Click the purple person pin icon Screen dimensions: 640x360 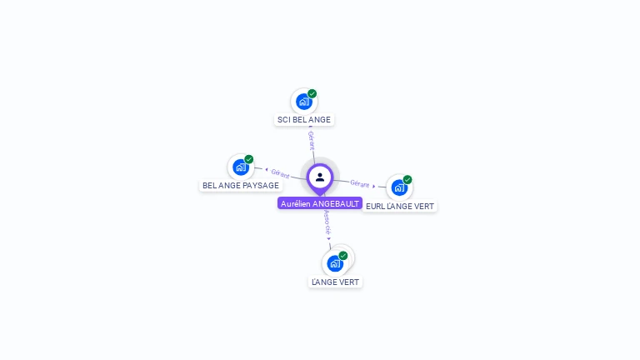(x=320, y=177)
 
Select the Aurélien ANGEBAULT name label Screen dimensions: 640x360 (x=320, y=203)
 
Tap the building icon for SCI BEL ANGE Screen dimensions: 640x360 (x=303, y=102)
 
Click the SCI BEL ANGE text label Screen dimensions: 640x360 (x=303, y=120)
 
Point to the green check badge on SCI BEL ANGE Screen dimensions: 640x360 (x=312, y=93)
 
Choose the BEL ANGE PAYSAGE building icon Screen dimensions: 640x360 (x=240, y=167)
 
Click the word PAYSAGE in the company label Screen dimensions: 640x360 (x=260, y=185)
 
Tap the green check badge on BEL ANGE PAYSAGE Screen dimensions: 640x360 (x=249, y=159)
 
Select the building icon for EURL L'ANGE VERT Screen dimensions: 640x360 (x=398, y=187)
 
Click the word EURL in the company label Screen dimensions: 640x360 (x=375, y=206)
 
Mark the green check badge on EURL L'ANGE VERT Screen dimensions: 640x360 (x=407, y=179)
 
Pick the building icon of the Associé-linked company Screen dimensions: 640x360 (x=335, y=263)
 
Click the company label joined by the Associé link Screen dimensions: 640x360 (x=335, y=282)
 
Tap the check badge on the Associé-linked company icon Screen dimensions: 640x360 (x=343, y=255)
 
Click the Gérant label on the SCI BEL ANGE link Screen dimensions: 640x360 (x=311, y=138)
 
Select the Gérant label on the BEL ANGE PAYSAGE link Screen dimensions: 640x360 (x=280, y=173)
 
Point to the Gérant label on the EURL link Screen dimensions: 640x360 (x=359, y=183)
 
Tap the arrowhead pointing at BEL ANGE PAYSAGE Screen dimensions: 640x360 (x=266, y=170)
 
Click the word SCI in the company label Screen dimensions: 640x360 (x=283, y=120)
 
